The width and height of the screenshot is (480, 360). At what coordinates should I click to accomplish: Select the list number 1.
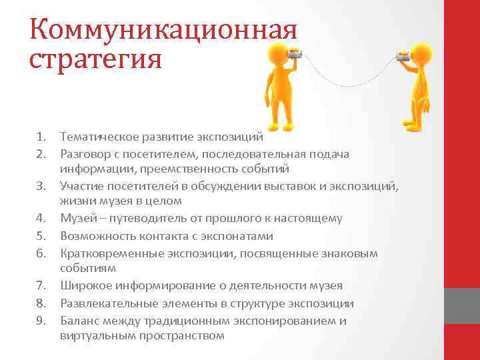41,137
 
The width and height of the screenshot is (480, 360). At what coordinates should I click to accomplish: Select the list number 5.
41,236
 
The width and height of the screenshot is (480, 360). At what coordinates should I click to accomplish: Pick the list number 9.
41,321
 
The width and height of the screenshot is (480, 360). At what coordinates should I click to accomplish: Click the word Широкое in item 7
83,286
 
